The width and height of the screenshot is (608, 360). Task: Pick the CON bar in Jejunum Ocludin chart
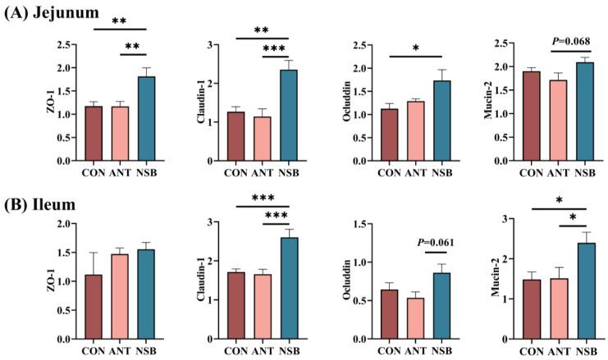click(x=389, y=135)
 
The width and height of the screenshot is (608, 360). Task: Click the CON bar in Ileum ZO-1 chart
click(x=95, y=307)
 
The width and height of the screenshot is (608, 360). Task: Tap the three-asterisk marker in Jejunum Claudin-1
click(x=276, y=49)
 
